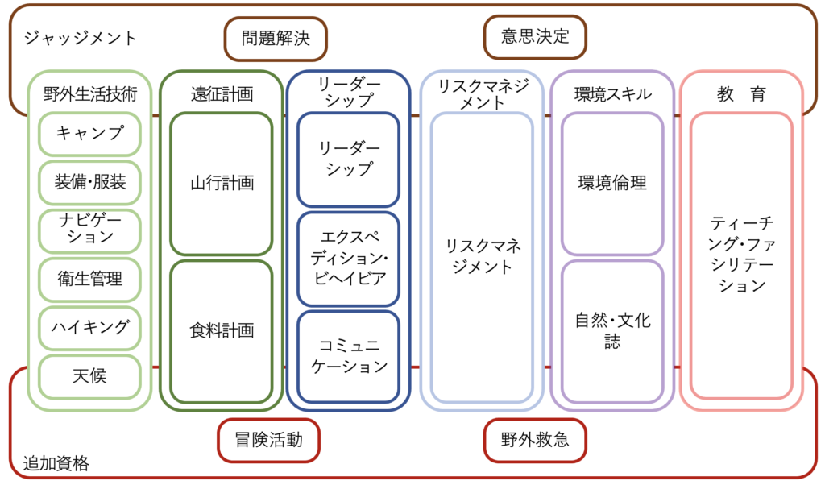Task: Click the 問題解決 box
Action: click(x=276, y=39)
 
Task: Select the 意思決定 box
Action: click(x=535, y=37)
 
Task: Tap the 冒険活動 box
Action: click(x=269, y=440)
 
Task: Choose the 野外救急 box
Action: click(x=535, y=440)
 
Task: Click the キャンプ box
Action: click(x=89, y=134)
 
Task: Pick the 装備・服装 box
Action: click(x=89, y=182)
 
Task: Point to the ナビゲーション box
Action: click(x=89, y=230)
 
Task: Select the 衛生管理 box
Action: click(x=89, y=279)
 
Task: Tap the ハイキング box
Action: click(x=89, y=327)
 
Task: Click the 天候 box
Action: click(x=89, y=375)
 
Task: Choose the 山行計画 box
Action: click(x=222, y=184)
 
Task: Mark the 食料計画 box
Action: click(x=222, y=330)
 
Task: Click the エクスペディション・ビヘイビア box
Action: click(x=348, y=259)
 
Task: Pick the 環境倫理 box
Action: click(x=612, y=184)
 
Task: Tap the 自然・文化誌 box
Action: click(x=612, y=330)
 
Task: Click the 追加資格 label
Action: click(x=56, y=464)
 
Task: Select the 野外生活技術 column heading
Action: click(x=89, y=94)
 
